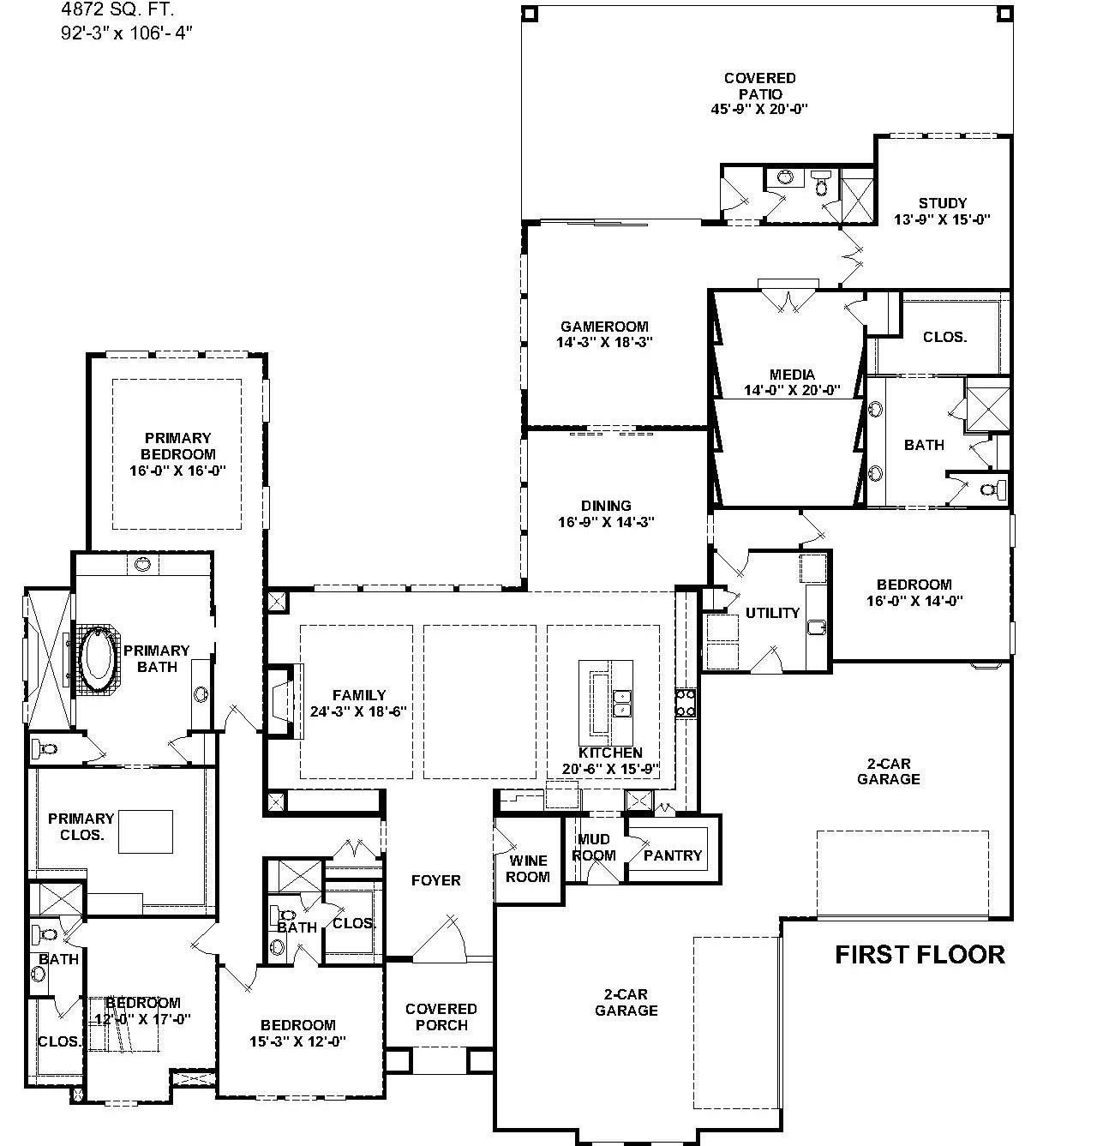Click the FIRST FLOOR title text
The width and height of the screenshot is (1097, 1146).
[920, 955]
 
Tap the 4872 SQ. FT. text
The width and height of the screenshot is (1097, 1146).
[117, 9]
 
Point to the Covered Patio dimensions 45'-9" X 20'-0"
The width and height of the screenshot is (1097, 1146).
[759, 109]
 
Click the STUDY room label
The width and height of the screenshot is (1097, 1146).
[942, 203]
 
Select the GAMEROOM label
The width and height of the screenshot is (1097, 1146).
[604, 327]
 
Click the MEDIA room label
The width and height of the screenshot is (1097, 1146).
[792, 375]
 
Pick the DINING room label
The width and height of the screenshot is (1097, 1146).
[606, 506]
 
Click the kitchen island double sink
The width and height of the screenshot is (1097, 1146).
[622, 704]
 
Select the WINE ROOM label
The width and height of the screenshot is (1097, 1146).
[528, 868]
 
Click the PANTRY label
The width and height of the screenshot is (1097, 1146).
[673, 855]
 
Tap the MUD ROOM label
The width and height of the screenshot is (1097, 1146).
[594, 848]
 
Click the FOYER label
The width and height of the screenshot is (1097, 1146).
[435, 880]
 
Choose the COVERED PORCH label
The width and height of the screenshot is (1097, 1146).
[441, 1017]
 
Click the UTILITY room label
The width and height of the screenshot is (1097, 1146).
[772, 613]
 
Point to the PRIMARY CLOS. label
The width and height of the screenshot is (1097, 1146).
[81, 827]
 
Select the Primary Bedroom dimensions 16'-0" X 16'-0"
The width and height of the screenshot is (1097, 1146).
[177, 471]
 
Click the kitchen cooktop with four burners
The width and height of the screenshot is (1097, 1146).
[686, 703]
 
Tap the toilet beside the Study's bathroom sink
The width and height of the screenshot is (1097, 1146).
[820, 183]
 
